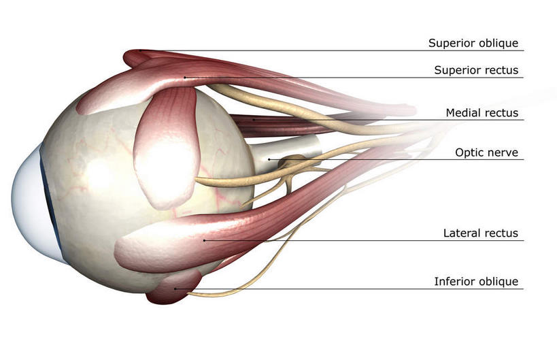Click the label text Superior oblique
473,44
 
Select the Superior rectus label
476,70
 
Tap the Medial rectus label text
482,113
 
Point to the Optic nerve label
486,153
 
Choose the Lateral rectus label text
480,233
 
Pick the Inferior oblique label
476,282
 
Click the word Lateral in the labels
461,233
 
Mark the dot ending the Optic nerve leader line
269,160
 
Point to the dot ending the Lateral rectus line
204,240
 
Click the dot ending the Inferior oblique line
175,289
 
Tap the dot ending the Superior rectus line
184,77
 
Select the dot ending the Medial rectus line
254,120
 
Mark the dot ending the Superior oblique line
141,50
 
